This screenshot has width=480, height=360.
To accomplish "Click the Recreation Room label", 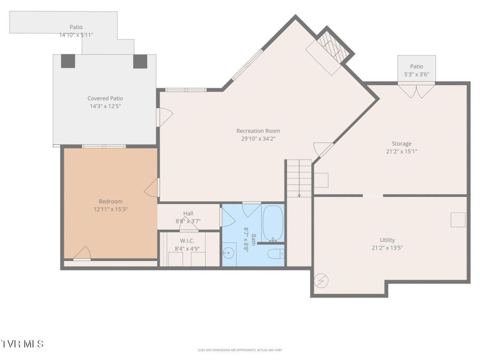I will (258, 131).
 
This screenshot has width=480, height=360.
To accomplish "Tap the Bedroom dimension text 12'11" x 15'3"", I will (110, 209).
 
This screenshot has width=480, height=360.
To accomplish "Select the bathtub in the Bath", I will (273, 223).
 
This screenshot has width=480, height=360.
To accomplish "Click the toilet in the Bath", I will (276, 254).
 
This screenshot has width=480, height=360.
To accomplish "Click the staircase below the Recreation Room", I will (299, 178).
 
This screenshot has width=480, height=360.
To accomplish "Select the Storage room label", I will (402, 143).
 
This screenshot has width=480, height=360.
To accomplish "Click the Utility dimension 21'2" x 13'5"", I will (387, 248).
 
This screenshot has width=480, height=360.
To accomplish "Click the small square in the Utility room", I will (458, 220).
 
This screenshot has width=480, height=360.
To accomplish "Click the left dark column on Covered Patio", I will (68, 61).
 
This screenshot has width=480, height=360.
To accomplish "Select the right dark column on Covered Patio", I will (140, 61).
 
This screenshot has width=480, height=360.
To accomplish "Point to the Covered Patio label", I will (105, 98).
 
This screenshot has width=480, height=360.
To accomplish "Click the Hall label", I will (188, 213).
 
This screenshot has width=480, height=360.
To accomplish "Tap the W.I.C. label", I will (187, 241).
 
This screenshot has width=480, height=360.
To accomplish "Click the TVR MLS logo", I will (22, 344).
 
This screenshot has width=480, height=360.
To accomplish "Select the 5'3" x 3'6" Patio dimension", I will (417, 75).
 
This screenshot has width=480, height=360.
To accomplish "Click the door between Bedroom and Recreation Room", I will (152, 187).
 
